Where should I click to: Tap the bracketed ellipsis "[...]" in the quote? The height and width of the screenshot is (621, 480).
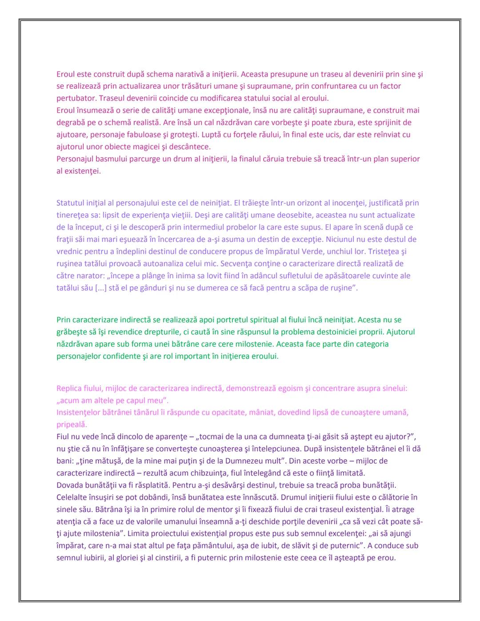(101, 288)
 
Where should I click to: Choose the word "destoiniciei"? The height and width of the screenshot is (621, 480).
(331, 332)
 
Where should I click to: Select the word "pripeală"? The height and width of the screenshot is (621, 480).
(72, 425)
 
